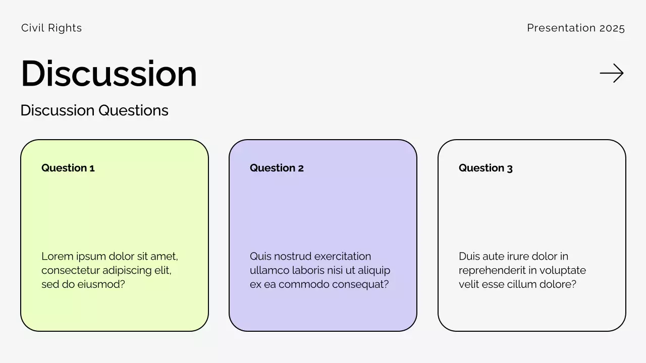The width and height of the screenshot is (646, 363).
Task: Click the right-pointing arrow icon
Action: [611, 73]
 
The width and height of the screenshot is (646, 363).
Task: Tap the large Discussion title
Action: [109, 73]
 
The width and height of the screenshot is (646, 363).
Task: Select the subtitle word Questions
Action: [133, 110]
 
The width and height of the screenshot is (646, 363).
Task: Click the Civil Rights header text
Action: [51, 28]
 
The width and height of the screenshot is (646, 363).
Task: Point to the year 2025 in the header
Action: [612, 28]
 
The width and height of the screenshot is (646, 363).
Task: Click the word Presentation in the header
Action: [561, 28]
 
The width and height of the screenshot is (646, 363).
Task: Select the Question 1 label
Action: [68, 168]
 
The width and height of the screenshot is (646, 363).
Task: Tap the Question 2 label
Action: [277, 168]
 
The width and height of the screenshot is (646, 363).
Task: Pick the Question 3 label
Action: [486, 168]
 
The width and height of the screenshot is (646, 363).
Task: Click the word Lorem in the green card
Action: [58, 256]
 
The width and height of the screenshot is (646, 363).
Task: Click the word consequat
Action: [360, 285]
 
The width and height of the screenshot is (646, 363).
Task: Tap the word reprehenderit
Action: [492, 270]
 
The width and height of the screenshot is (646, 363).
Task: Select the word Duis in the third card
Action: [469, 256]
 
